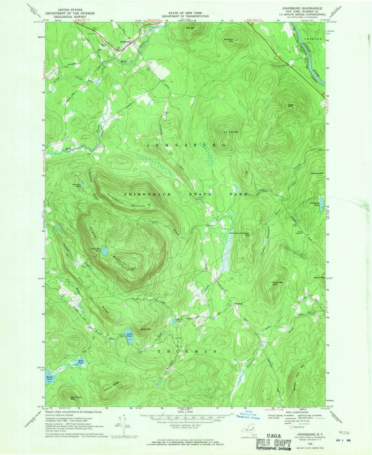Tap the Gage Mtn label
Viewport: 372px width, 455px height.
tap(290, 106)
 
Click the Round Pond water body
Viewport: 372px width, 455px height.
tap(49, 376)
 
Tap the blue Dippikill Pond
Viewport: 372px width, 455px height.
tap(321, 201)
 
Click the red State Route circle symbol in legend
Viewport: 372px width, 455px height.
tap(291, 427)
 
